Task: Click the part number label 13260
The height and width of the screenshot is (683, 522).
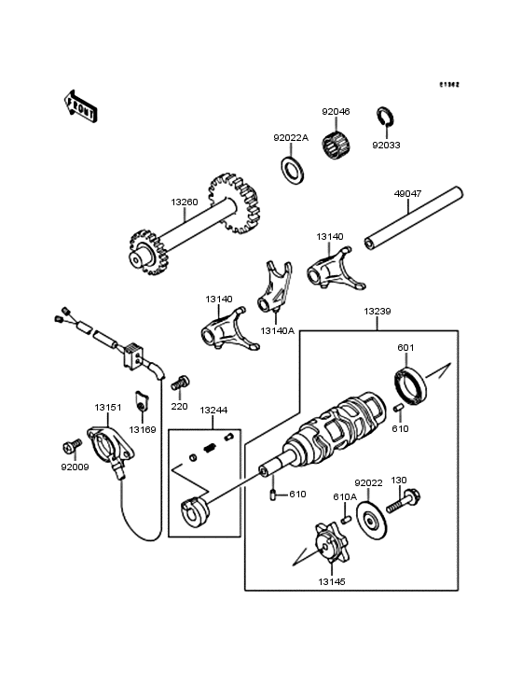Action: tap(185, 202)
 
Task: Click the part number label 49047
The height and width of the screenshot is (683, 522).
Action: tap(407, 195)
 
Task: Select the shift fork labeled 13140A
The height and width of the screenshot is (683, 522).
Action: tap(275, 290)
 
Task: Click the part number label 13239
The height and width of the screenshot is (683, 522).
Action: tap(378, 310)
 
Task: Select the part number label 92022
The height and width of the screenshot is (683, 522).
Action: tap(369, 483)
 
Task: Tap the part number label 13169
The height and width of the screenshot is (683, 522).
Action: tap(143, 430)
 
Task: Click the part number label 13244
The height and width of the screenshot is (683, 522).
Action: tap(213, 410)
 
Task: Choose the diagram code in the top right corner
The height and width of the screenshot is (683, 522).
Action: tap(450, 84)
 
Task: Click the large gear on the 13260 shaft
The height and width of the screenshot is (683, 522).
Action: tap(234, 202)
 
